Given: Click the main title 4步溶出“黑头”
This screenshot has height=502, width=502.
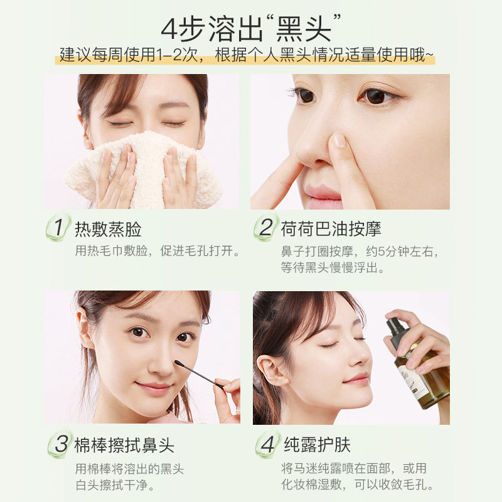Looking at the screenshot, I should coord(251,28).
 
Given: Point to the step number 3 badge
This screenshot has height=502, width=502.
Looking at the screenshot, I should coord(60,446).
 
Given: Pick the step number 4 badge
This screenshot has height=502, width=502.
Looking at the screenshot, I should coord(267,446).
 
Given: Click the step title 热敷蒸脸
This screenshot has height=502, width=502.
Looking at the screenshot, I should coord(108,228).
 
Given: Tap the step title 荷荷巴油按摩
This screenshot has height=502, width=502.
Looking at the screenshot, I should coord(331,228).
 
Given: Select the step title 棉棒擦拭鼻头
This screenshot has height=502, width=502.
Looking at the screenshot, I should coord(124,446).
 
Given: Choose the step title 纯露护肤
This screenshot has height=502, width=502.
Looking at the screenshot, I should coord(316,446).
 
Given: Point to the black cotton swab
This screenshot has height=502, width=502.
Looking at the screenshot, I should coord(198,373).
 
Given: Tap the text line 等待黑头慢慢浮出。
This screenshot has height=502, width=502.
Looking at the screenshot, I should coord(333,268).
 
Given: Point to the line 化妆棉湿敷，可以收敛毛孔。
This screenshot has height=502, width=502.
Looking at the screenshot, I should coord(358,485).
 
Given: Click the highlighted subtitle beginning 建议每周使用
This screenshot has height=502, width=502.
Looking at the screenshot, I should coord(247,55).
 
